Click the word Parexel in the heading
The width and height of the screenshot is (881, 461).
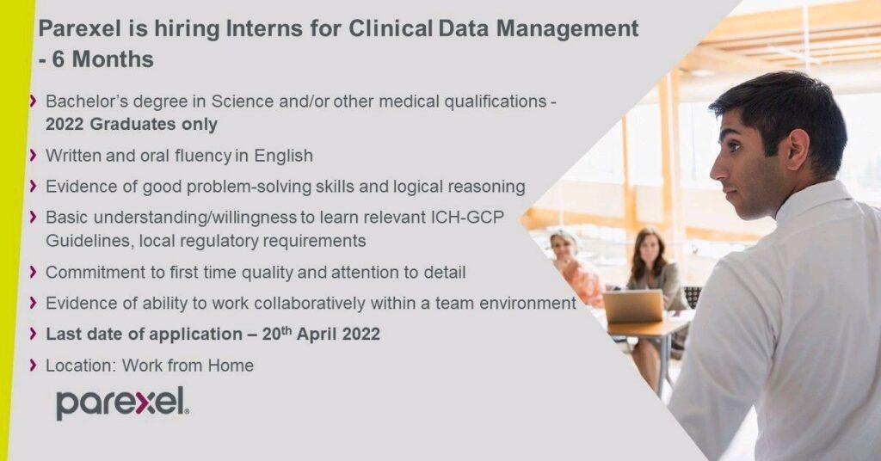click(80, 28)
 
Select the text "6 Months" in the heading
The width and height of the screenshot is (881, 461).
click(103, 59)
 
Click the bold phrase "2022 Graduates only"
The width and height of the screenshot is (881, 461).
click(132, 124)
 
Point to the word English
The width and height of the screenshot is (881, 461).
click(283, 156)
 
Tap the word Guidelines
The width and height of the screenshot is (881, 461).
click(89, 241)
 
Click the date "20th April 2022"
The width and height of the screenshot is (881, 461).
click(321, 334)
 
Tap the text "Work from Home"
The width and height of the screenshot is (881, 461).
click(188, 366)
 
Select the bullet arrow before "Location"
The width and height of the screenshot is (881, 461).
click(34, 366)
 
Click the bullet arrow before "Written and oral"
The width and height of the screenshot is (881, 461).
click(34, 155)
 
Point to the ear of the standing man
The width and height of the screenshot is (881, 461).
click(798, 150)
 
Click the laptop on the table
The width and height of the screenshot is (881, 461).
click(633, 306)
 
